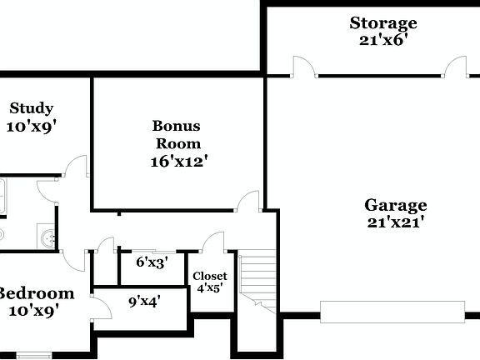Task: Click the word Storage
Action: [x=383, y=22]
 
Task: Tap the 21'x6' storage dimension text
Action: [x=383, y=39]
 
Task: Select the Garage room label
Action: [x=396, y=205]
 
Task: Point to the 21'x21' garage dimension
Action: [x=396, y=222]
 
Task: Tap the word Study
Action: [x=32, y=108]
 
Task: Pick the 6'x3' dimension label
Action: [x=152, y=262]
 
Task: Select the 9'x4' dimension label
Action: [x=144, y=301]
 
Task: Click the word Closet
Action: [x=209, y=276]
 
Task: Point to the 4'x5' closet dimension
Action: [x=209, y=288]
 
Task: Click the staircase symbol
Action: [x=258, y=279]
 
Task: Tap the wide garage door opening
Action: [x=392, y=312]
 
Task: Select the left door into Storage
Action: [x=303, y=67]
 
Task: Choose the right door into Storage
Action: [x=455, y=67]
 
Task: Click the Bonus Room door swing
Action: [x=247, y=202]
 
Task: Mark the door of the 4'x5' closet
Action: [x=212, y=242]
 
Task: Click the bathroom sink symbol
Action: [x=48, y=238]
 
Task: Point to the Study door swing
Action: [x=77, y=167]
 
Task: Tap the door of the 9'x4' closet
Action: [x=102, y=307]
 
